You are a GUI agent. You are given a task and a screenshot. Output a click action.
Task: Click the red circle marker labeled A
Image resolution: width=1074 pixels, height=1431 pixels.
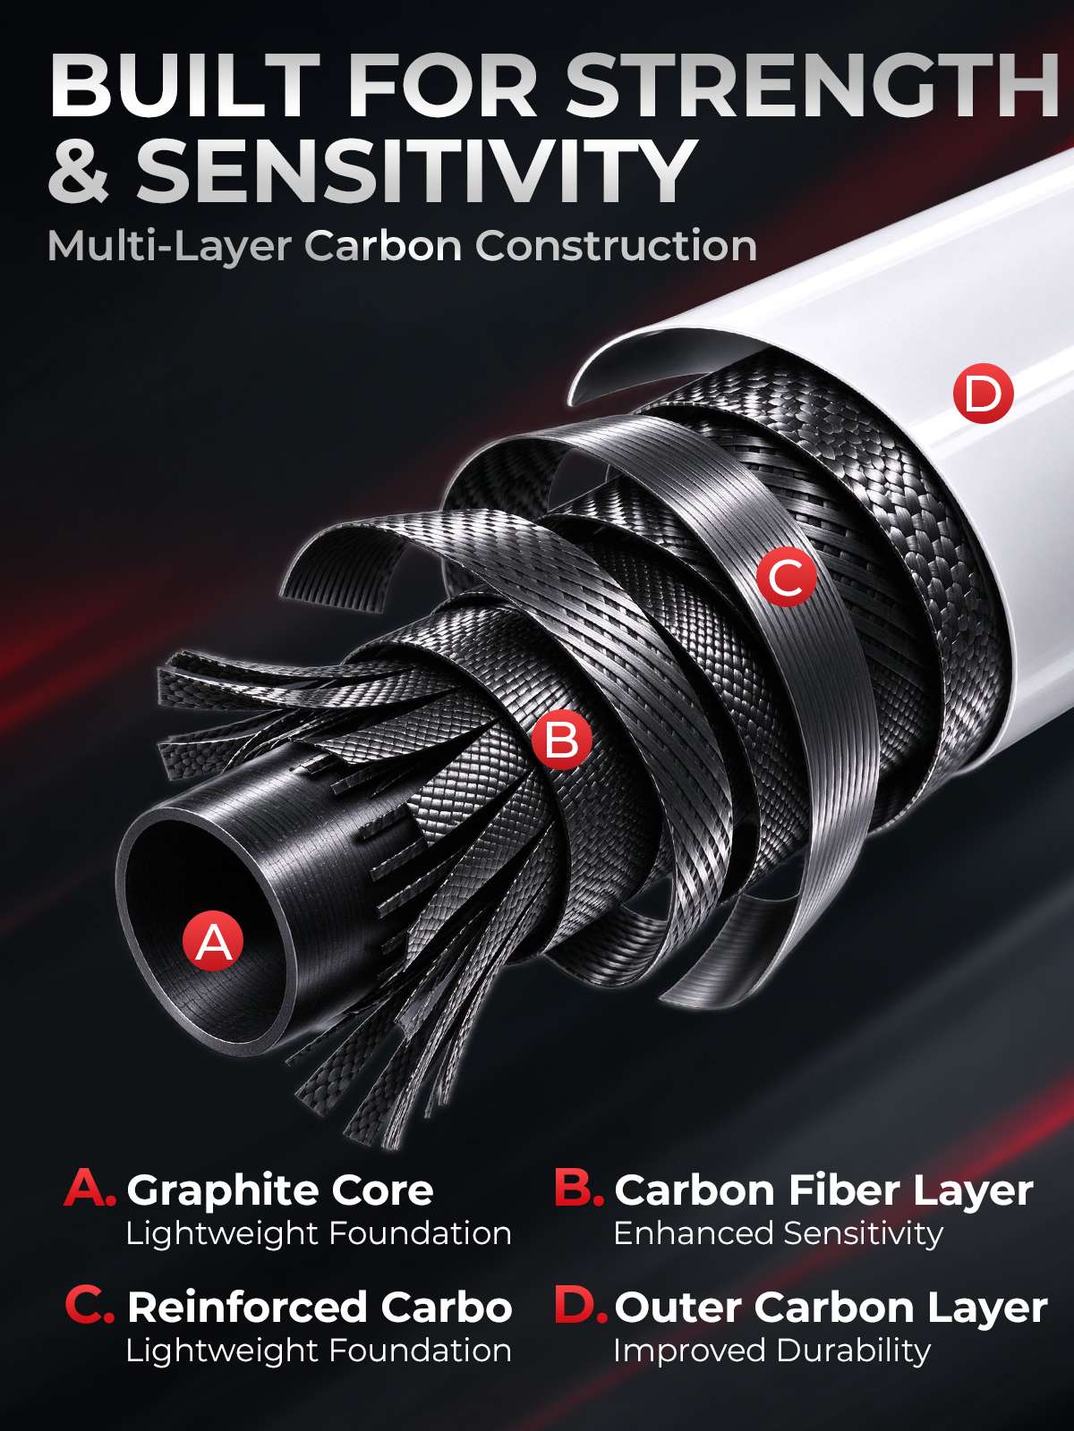click(213, 940)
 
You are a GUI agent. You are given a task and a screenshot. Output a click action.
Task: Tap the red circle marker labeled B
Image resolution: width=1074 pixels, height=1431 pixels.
click(561, 739)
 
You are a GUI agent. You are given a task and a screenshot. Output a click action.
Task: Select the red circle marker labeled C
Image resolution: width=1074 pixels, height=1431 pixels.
click(787, 576)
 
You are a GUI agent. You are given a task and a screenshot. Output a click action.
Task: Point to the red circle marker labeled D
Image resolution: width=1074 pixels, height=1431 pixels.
click(983, 394)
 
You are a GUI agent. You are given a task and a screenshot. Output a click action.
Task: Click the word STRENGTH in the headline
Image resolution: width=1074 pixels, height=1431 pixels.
click(811, 87)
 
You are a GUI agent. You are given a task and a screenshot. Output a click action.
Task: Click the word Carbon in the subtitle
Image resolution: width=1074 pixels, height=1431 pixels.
click(384, 247)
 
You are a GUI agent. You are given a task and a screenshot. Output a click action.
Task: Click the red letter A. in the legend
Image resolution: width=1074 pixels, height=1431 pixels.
click(90, 1189)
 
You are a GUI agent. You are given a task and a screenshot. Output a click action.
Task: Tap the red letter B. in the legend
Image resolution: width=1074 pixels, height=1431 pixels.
click(579, 1189)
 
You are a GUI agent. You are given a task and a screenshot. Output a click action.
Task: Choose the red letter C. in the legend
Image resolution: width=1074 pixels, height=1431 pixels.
click(90, 1306)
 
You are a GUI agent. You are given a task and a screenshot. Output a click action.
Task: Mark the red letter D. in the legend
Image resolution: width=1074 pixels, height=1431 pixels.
click(581, 1306)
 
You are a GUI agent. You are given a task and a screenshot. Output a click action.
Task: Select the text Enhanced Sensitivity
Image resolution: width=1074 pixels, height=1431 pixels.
click(779, 1234)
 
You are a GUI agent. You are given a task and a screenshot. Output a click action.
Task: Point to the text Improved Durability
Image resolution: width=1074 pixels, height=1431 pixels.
click(772, 1351)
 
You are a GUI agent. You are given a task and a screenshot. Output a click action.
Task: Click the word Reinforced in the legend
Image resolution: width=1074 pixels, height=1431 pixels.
click(247, 1308)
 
